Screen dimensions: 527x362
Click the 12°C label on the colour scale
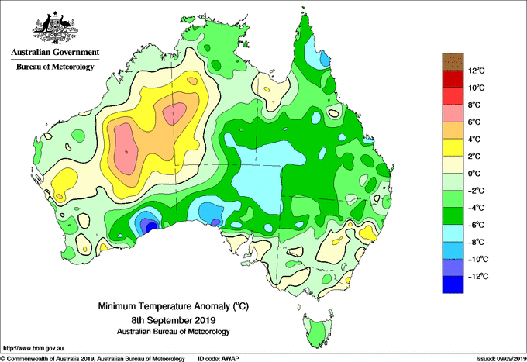pyautogui.click(x=477, y=71)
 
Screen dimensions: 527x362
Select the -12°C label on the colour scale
pyautogui.click(x=476, y=276)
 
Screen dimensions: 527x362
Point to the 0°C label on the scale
pyautogui.click(x=474, y=174)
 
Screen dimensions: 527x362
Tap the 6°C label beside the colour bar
pyautogui.click(x=474, y=122)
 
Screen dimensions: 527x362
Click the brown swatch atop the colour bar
pyautogui.click(x=453, y=61)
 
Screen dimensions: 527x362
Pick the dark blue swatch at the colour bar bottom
pyautogui.click(x=453, y=284)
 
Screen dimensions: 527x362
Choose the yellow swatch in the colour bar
pyautogui.click(x=453, y=147)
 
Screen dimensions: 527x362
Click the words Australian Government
pyautogui.click(x=55, y=53)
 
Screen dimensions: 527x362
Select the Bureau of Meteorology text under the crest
pyautogui.click(x=55, y=67)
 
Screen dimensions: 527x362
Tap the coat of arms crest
pyautogui.click(x=55, y=28)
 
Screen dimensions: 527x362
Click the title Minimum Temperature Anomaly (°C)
pyautogui.click(x=174, y=306)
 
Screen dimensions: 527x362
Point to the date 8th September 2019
pyautogui.click(x=174, y=319)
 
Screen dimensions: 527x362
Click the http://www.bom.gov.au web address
pyautogui.click(x=33, y=349)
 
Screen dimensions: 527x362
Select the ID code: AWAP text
pyautogui.click(x=219, y=359)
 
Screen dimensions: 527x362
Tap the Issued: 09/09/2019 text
pyautogui.click(x=501, y=359)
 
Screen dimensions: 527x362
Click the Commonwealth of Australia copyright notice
pyautogui.click(x=93, y=359)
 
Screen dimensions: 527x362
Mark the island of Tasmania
pyautogui.click(x=318, y=330)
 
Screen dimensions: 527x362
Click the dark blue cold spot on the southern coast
pyautogui.click(x=151, y=227)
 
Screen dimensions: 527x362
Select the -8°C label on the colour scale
pyautogui.click(x=476, y=242)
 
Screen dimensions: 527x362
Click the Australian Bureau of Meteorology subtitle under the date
pyautogui.click(x=174, y=332)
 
